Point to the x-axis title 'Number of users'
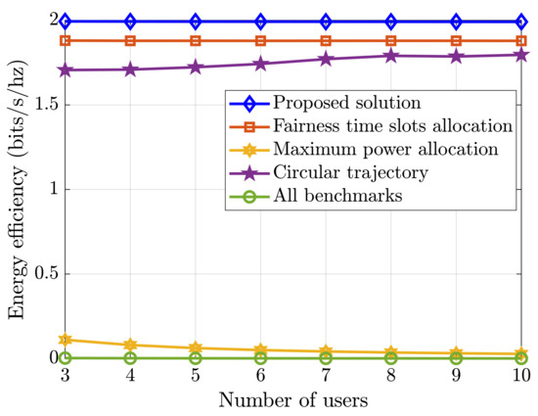(292, 399)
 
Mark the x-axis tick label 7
(326, 376)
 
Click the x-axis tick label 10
(521, 376)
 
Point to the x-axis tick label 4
(130, 376)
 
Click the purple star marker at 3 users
(66, 70)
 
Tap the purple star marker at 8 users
(391, 56)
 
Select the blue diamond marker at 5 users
(196, 21)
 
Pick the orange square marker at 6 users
(260, 41)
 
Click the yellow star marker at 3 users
(66, 340)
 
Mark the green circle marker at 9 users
(457, 358)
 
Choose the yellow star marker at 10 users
(521, 353)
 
